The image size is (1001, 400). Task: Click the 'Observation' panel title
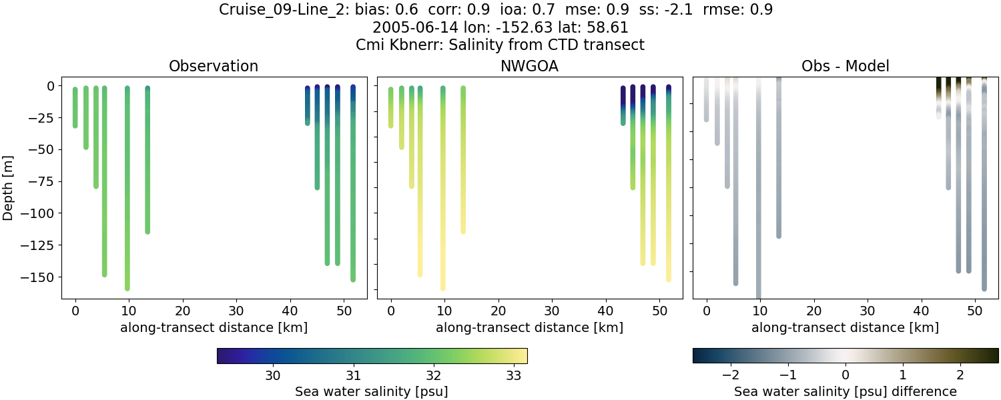pos(214,67)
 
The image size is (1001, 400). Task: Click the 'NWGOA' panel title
pos(529,67)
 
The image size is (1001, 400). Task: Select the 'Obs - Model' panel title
pos(845,67)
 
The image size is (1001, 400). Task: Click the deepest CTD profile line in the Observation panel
pos(127,200)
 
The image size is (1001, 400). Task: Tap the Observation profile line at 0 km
pos(75,107)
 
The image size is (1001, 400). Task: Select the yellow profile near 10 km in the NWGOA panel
pos(442,200)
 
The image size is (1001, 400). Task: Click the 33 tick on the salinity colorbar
pos(513,376)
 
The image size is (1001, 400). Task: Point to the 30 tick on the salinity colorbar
pos(273,376)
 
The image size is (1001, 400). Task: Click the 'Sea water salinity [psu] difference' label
pos(845,391)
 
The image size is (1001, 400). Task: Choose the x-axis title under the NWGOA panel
pos(529,327)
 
